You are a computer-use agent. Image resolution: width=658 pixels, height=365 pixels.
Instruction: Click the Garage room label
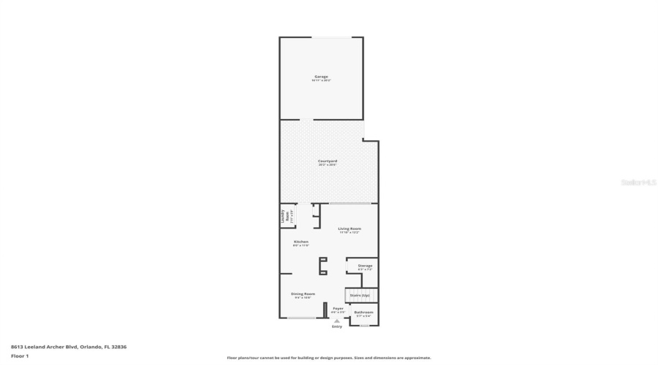coord(321,77)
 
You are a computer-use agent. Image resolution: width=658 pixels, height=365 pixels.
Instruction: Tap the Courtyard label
coord(327,161)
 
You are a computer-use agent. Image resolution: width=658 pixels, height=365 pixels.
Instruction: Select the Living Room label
coord(349,229)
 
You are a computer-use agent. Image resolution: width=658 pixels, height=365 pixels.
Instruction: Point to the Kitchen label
coord(300,242)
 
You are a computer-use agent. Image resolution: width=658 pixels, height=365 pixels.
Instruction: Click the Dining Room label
coord(303,294)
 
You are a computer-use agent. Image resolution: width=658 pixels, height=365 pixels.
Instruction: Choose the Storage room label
coord(365,266)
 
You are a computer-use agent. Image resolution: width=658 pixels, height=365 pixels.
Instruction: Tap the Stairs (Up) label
coord(360,295)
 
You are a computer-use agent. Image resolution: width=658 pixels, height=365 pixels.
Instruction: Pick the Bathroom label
coord(363,312)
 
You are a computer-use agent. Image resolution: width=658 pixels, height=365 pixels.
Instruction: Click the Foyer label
coord(338,309)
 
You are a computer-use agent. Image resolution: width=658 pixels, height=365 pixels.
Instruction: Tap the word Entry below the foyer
coord(336,326)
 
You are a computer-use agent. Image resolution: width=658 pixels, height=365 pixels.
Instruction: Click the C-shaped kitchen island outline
coord(322,265)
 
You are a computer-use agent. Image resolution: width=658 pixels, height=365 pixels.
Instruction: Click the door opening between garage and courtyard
coord(303,120)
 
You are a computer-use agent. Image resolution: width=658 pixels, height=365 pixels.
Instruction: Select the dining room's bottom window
coord(301,318)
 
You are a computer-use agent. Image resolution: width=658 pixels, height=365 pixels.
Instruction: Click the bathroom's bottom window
coord(364,325)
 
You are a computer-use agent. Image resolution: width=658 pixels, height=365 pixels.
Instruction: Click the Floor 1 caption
coord(19,356)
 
